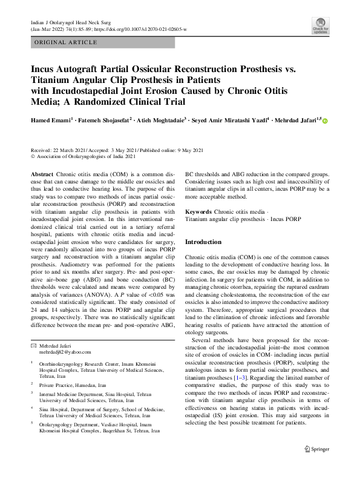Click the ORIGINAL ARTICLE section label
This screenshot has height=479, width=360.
(66, 42)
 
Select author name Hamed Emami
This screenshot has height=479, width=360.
(51, 121)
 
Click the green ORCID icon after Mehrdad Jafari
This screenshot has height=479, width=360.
(325, 122)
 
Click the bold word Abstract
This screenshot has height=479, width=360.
(44, 174)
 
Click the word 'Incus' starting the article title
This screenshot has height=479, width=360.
(49, 70)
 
